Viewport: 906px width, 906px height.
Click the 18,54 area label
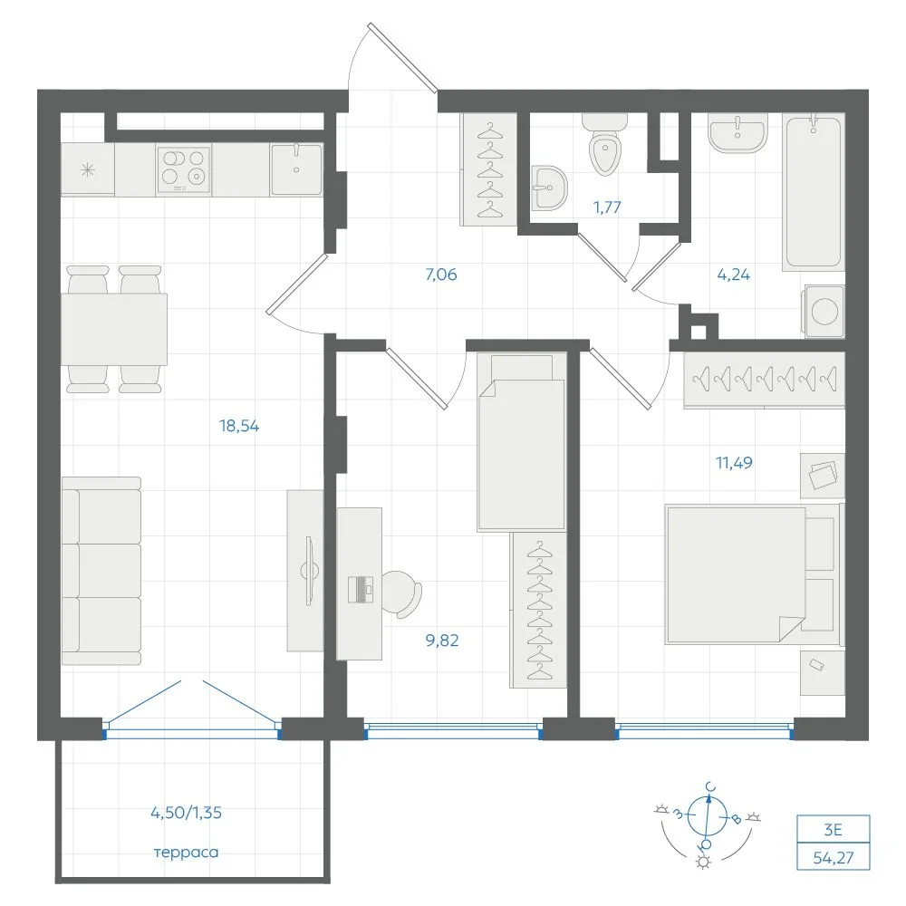click(x=239, y=427)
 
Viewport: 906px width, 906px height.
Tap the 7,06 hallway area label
click(x=441, y=275)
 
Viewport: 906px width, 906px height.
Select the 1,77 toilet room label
click(x=607, y=207)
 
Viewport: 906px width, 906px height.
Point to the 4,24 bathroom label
click(x=733, y=275)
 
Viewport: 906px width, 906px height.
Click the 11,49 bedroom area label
click(x=734, y=463)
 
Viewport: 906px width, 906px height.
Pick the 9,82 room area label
click(x=442, y=641)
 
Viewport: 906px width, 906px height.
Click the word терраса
click(x=186, y=853)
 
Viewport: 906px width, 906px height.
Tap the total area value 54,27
click(x=834, y=858)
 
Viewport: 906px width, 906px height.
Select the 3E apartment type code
click(x=833, y=830)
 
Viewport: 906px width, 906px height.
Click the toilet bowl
click(x=605, y=145)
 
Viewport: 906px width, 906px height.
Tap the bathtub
click(x=814, y=192)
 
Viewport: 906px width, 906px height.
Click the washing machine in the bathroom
click(x=824, y=312)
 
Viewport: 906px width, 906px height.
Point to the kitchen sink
click(x=296, y=169)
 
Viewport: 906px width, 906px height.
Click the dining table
click(x=114, y=330)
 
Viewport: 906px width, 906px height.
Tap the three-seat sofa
click(x=101, y=571)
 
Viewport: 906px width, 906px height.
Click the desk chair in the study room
click(x=401, y=593)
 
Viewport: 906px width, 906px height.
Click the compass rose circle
click(x=708, y=816)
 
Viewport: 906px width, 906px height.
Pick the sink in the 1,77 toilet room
click(x=548, y=188)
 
